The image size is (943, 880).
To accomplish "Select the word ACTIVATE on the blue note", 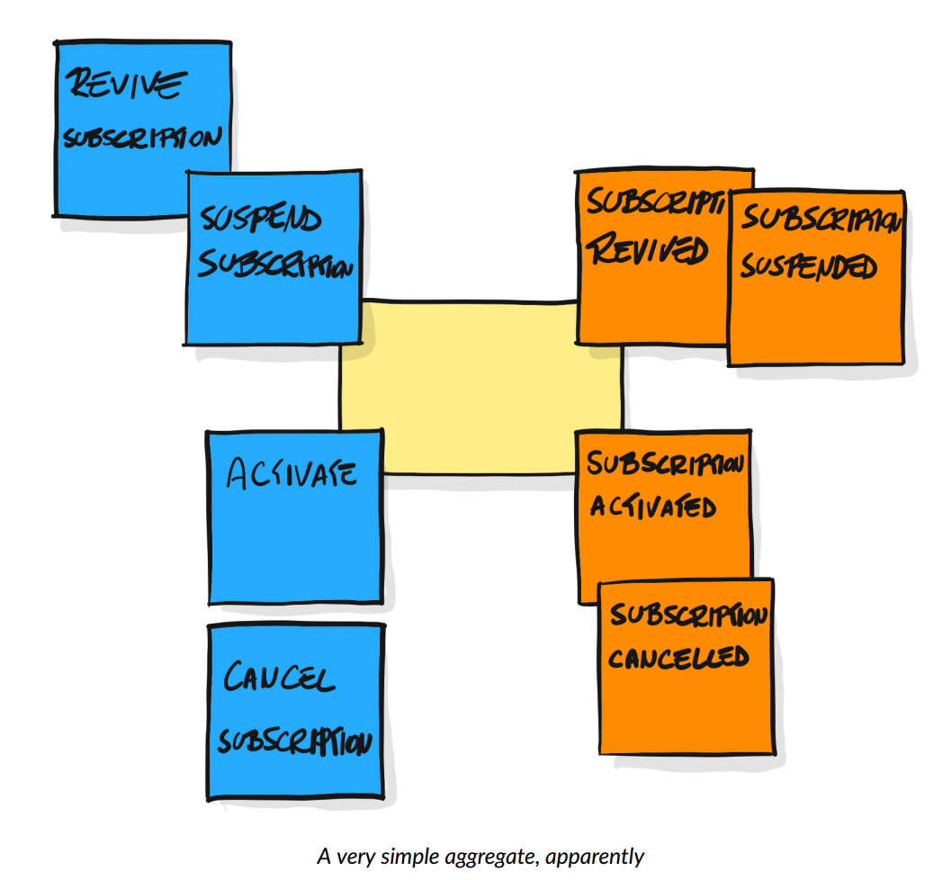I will [292, 473].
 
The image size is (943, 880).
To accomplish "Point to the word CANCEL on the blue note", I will [278, 678].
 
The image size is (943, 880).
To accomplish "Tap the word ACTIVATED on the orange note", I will [652, 507].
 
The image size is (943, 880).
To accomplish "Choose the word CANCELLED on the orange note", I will [678, 657].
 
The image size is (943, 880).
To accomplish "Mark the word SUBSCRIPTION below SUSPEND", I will [274, 265].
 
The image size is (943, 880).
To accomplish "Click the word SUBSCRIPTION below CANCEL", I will [295, 742].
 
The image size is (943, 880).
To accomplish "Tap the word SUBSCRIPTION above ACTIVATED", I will [665, 464].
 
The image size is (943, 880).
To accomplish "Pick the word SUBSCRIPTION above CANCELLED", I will [688, 616].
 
